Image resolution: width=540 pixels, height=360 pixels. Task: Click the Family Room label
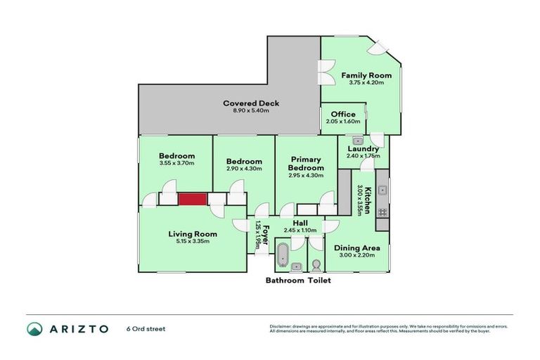coord(361,75)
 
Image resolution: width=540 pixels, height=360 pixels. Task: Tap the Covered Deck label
coord(251,103)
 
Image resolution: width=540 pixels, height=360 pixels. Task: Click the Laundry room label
coord(363,148)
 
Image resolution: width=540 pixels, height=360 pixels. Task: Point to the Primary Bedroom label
coord(306,164)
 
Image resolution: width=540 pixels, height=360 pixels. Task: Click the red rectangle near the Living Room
coord(191,200)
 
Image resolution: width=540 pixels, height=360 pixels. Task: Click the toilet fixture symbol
coord(317,265)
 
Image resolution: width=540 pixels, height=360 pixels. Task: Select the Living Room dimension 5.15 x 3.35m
coord(192,241)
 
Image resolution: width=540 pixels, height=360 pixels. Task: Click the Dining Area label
coord(357,247)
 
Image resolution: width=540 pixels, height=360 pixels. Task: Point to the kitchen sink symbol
coord(382,189)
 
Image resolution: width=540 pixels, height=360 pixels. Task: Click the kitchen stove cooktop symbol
coord(382,211)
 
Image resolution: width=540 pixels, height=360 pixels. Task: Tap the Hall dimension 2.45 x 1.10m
coord(300,230)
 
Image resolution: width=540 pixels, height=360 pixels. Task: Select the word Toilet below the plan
coord(317,281)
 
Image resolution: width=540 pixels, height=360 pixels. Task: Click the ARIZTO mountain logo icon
coord(34,328)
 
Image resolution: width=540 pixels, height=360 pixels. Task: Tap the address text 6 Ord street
coord(146,328)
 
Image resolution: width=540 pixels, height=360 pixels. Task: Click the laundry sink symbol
coord(357,141)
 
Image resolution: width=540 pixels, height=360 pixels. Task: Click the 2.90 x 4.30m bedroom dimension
coord(245,169)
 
